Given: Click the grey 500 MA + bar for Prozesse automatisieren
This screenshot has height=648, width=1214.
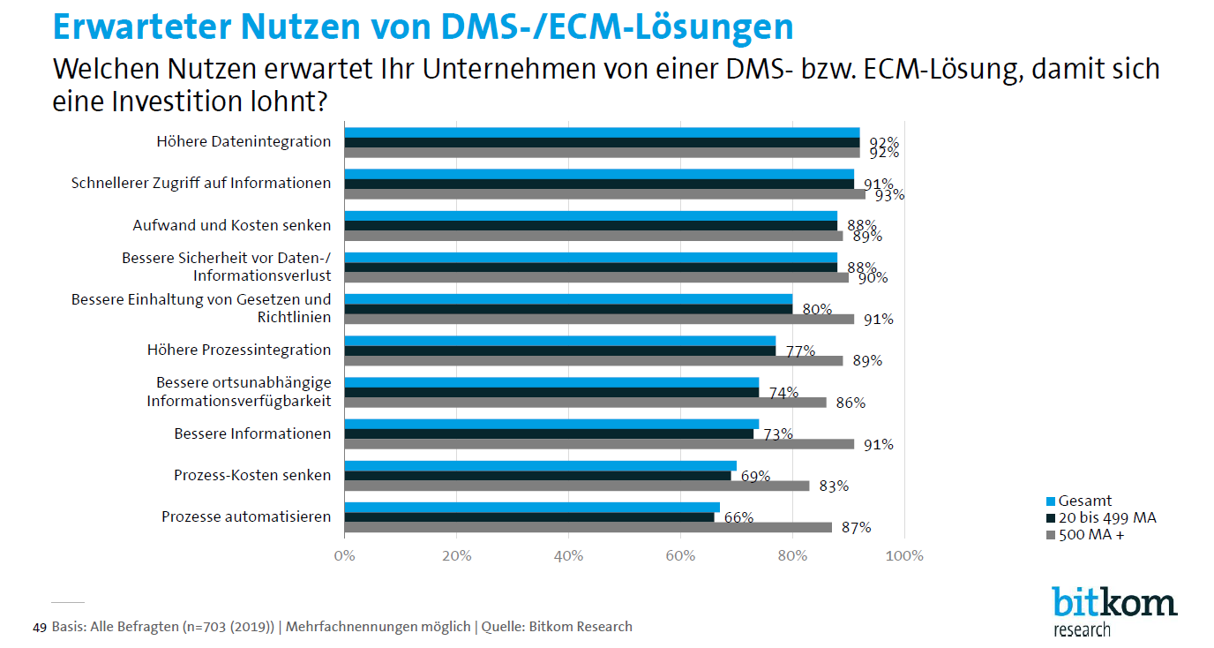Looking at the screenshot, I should [x=588, y=527].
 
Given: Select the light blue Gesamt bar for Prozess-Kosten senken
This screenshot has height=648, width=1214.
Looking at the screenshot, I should [x=540, y=465].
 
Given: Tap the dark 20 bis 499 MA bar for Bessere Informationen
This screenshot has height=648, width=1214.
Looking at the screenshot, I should [x=549, y=433].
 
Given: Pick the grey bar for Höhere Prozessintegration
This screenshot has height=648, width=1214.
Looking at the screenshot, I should [x=593, y=360].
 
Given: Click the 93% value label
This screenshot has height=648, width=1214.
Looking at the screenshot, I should [x=889, y=195].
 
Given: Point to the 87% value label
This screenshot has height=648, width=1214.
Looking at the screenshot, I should [x=856, y=528].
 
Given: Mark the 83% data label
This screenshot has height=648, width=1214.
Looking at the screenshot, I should [x=834, y=486].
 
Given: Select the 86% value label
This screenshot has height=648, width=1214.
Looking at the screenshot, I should [x=851, y=403].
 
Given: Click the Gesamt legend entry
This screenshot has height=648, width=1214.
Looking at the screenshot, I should [x=1079, y=501].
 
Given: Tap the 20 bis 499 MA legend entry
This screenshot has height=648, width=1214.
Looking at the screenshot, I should [x=1100, y=517].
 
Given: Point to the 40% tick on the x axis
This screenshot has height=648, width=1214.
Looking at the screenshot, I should [x=568, y=556].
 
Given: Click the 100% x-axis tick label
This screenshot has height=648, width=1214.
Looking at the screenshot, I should [x=904, y=556].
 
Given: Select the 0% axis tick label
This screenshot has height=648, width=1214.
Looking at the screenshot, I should [x=344, y=556].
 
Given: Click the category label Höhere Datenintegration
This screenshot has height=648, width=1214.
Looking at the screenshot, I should [x=244, y=141].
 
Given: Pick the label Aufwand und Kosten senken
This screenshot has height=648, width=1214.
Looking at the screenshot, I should [x=231, y=225].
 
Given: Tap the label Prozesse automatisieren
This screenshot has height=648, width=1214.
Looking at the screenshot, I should [x=246, y=516].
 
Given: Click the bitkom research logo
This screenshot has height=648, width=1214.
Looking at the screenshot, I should [x=1113, y=610].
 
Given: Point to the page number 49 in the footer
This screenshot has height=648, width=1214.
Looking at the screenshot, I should [x=39, y=628].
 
